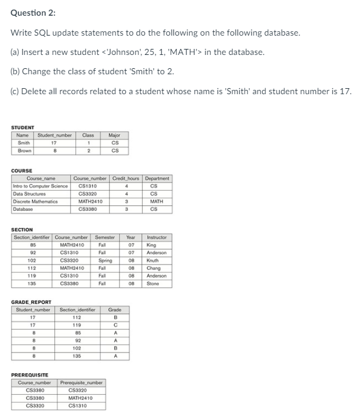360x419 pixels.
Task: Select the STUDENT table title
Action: point(23,127)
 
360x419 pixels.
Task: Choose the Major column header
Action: point(114,135)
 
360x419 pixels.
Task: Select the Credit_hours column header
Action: point(126,179)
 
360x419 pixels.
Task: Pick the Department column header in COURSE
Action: point(157,179)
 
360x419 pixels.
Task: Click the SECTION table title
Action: point(22,229)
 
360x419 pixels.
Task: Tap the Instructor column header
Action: point(156,237)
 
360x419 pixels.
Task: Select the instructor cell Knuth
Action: point(152,260)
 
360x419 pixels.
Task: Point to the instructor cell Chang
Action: point(153,268)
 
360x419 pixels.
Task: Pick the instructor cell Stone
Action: point(152,283)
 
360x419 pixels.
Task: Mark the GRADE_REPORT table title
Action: point(31,302)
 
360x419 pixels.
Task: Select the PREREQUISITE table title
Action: point(31,375)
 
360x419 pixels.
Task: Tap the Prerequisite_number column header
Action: point(82,383)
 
